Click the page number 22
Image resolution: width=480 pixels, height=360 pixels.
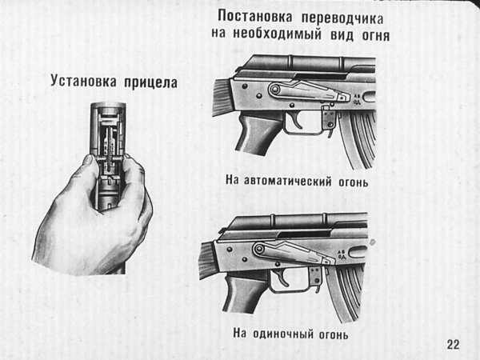coord(453,344)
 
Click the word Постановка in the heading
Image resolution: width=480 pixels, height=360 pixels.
coord(255,16)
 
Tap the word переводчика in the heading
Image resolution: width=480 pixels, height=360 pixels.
coord(342,18)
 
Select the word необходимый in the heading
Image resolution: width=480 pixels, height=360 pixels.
coord(278,33)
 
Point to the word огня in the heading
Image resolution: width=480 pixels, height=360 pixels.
coord(376,35)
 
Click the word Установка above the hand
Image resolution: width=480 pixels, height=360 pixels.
coord(83,81)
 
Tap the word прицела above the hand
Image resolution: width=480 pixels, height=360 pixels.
coord(150,82)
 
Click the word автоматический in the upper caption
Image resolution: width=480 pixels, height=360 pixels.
coord(287,181)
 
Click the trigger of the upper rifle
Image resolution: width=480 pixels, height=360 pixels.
coord(296,120)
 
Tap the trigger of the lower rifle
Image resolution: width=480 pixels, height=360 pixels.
coord(283,277)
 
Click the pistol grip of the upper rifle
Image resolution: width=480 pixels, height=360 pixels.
coord(256,133)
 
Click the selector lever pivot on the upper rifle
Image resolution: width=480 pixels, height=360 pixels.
coord(275,90)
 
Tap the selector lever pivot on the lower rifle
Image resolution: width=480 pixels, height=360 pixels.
coord(259,249)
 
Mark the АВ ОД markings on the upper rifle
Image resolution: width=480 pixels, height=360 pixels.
coord(357,99)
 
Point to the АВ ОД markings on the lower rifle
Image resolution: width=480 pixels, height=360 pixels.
coord(342,254)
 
